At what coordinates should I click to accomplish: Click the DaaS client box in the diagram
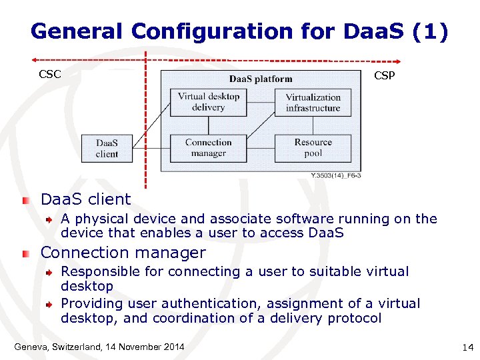point(107,149)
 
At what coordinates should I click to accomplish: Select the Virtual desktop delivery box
point(208,102)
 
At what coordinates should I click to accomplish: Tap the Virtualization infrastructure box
point(313,103)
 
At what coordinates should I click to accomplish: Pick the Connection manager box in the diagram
point(208,148)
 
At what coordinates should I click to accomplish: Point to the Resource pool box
point(313,148)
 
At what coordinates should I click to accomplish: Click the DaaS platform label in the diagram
point(261,79)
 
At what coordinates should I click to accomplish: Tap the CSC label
point(50,75)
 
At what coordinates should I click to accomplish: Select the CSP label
point(384,76)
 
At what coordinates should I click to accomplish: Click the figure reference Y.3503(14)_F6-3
point(336,175)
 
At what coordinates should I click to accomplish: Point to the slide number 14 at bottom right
point(467,348)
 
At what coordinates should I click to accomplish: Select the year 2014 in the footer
point(173,347)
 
